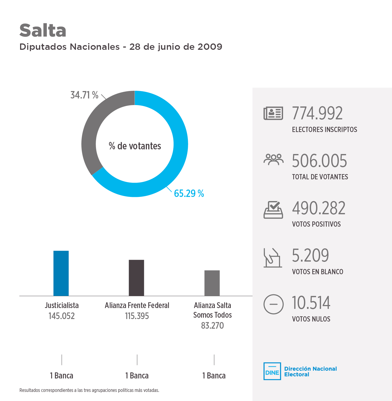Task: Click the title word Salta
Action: click(x=43, y=30)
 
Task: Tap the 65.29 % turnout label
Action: click(x=189, y=194)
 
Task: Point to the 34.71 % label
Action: click(x=84, y=95)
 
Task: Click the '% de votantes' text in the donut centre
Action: click(x=135, y=146)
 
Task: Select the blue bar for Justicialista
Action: click(x=61, y=273)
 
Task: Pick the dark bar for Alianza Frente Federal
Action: click(x=136, y=278)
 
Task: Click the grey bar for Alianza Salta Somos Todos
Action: click(x=212, y=283)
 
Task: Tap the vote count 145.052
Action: click(x=62, y=316)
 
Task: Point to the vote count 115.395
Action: click(x=137, y=316)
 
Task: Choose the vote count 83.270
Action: click(x=212, y=326)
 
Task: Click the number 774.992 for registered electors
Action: click(x=317, y=113)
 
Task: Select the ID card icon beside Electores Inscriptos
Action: click(x=273, y=113)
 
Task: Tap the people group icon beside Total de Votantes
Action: click(x=273, y=160)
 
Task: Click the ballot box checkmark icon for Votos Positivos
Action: click(x=273, y=210)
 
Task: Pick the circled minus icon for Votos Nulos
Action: click(x=273, y=304)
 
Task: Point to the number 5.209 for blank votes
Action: click(x=310, y=256)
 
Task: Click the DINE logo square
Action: click(x=272, y=371)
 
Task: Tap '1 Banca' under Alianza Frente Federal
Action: click(x=137, y=376)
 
